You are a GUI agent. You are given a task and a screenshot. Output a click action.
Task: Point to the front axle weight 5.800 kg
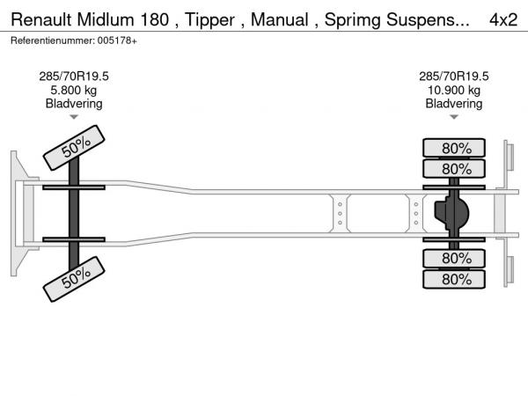74,90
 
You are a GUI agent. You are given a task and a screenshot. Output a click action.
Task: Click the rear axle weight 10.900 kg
454,90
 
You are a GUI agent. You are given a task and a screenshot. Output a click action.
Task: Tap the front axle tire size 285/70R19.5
74,77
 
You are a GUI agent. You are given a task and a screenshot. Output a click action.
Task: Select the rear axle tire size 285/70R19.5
454,77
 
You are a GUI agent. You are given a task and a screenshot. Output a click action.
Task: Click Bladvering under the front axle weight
74,103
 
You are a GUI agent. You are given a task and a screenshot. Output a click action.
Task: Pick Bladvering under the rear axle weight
454,103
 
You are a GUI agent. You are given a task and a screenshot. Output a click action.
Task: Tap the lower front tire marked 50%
75,279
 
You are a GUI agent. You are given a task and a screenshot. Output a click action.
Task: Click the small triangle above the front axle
74,116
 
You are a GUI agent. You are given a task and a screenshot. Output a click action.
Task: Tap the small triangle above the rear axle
454,116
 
